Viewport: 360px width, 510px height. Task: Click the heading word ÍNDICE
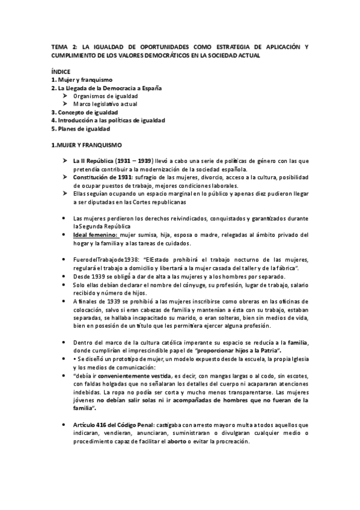point(61,72)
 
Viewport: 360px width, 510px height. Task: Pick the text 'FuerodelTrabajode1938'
point(106,259)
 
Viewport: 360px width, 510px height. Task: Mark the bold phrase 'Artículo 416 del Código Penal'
point(114,425)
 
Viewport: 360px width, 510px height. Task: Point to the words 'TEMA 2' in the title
point(64,46)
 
